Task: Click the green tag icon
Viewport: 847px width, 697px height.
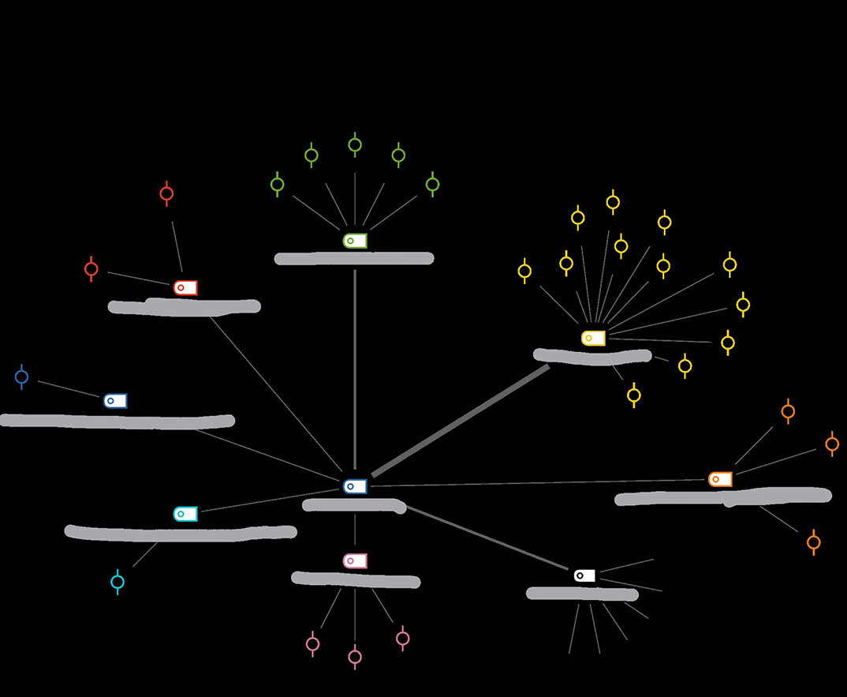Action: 355,240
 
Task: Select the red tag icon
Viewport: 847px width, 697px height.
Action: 185,287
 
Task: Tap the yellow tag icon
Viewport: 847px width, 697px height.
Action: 593,338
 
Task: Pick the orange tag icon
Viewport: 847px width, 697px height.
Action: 720,479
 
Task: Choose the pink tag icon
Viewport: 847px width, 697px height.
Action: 355,560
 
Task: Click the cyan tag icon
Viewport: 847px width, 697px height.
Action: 185,514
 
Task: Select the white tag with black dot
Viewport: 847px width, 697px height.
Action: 584,575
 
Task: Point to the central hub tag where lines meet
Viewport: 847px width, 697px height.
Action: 355,486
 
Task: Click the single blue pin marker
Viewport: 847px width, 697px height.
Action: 22,377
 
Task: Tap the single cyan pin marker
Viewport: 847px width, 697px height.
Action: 118,582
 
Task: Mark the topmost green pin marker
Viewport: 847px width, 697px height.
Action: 355,144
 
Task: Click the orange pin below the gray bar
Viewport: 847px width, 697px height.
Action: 814,542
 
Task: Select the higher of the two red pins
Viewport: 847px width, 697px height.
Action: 166,193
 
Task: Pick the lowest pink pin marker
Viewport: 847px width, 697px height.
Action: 355,656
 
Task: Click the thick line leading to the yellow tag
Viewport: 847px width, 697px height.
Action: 461,421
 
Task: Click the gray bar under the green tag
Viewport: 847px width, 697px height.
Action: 354,258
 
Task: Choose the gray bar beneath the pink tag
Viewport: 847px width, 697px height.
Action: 356,580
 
